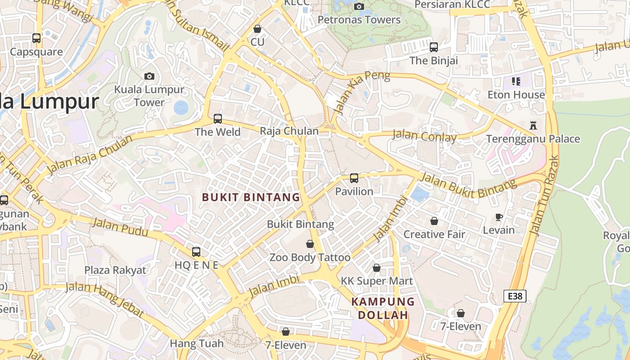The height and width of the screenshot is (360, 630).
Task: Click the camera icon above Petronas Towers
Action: (359, 6)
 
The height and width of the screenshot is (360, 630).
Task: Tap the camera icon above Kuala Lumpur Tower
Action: (149, 76)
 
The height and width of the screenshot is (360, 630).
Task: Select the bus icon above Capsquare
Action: (36, 38)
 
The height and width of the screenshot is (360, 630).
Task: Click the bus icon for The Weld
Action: (218, 119)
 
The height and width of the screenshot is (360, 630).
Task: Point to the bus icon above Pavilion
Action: (354, 178)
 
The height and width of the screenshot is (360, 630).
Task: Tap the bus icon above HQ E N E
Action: (196, 252)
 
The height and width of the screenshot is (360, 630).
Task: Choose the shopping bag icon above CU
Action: (257, 29)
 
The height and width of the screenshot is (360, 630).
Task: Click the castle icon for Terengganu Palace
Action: (533, 126)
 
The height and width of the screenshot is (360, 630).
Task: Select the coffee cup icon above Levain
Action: (499, 217)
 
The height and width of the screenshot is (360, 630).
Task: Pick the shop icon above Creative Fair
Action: (434, 221)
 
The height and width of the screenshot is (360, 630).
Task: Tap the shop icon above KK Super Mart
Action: (377, 268)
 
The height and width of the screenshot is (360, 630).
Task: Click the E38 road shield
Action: (515, 296)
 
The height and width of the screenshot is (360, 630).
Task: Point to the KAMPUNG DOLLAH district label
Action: (382, 308)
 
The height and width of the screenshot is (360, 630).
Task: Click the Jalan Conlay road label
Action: (424, 135)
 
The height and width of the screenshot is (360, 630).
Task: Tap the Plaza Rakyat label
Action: (115, 270)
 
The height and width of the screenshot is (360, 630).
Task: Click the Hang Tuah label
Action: (196, 344)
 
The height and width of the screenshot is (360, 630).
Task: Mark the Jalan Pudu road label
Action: (120, 227)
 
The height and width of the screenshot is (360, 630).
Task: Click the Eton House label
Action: (516, 95)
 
